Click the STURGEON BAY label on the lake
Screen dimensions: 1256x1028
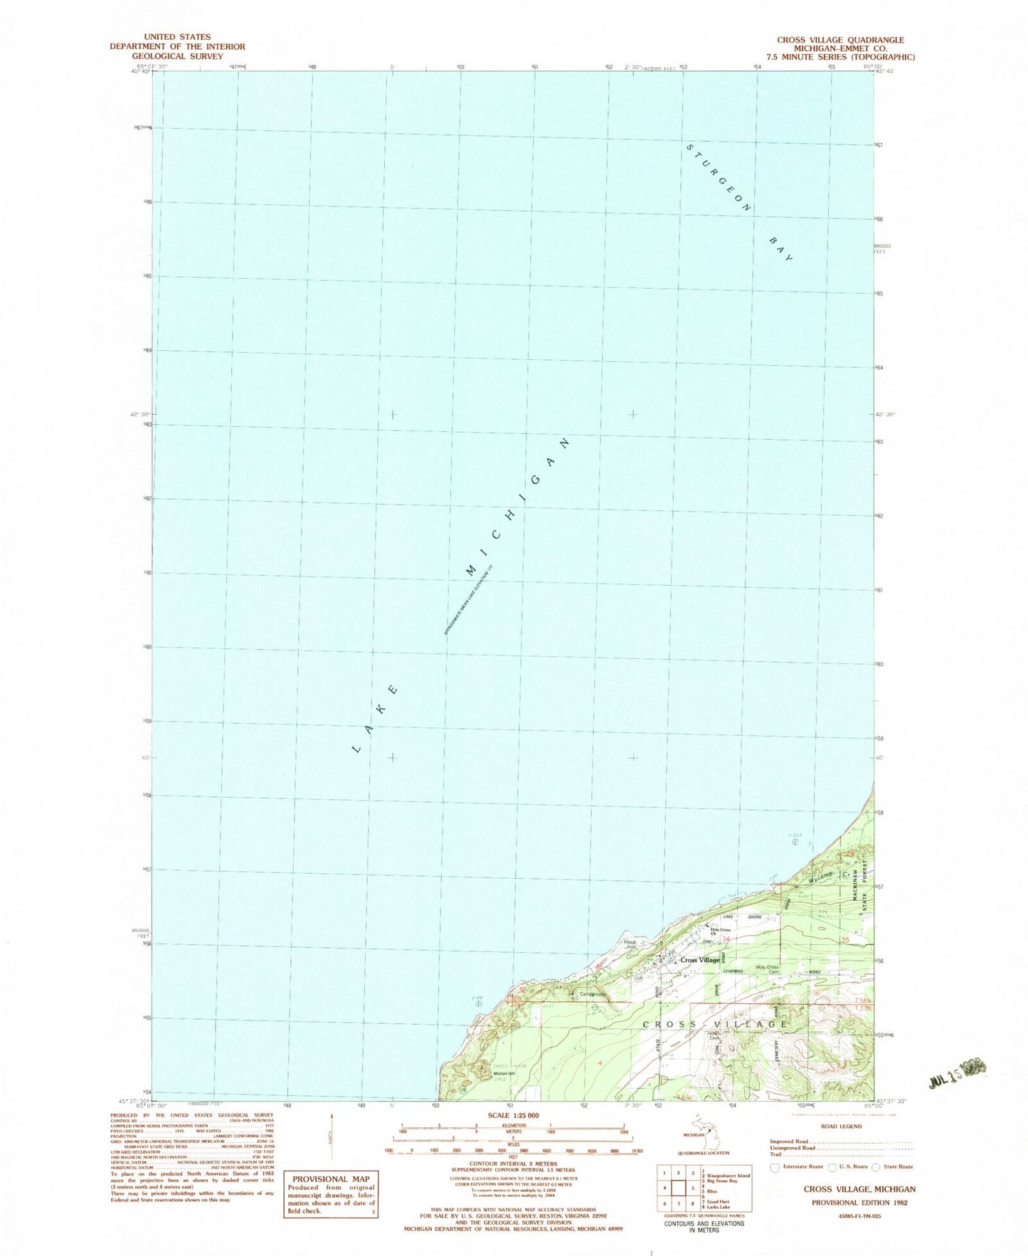740,203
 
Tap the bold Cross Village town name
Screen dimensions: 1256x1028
700,960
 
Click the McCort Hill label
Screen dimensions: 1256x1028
504,1074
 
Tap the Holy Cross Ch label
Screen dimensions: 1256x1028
721,932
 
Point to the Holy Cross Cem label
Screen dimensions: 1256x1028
768,969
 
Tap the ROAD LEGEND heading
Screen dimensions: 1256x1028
841,1126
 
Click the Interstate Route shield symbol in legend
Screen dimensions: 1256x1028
775,1168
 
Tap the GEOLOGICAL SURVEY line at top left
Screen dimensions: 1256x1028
177,56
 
